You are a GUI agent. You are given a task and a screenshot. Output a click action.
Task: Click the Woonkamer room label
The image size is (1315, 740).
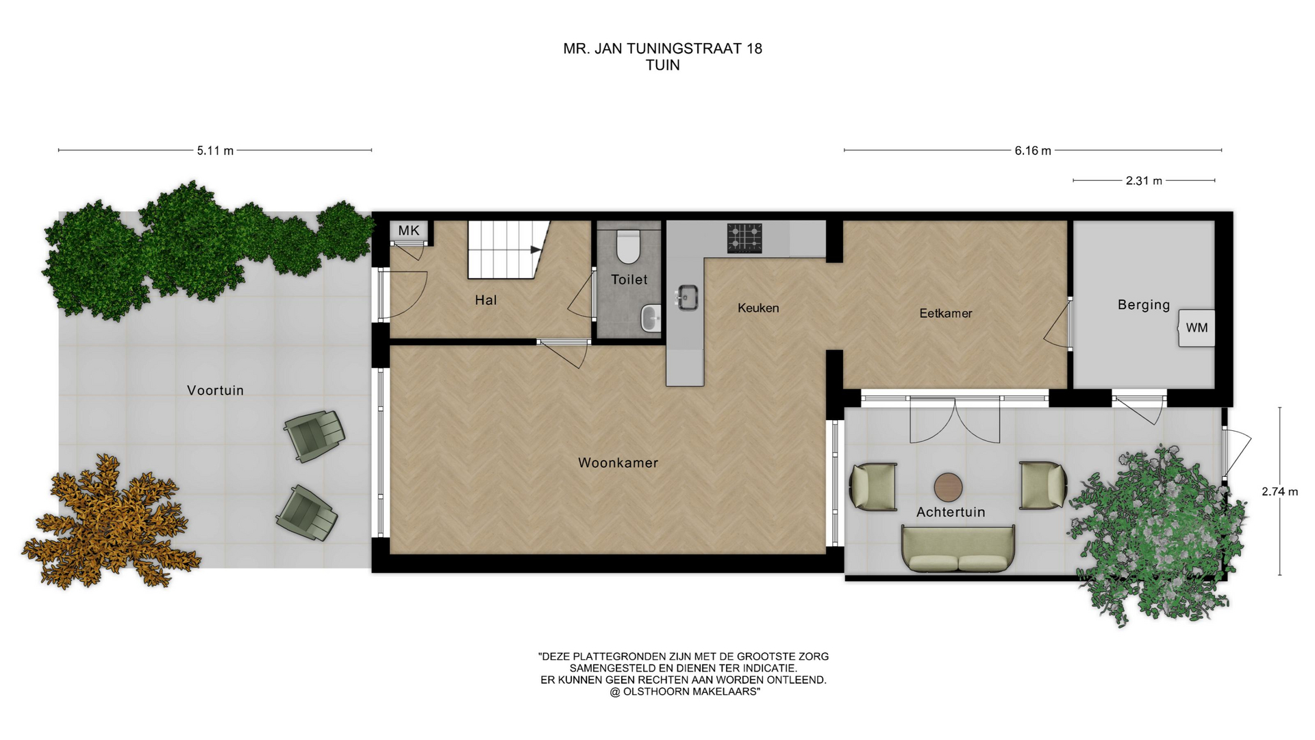tap(618, 463)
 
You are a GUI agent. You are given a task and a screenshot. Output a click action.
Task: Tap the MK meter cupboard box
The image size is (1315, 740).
tap(409, 230)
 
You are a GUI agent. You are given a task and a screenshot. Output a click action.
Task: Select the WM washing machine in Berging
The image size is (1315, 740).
tap(1197, 328)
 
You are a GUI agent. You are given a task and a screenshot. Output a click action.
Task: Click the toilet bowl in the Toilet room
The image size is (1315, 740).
tap(628, 247)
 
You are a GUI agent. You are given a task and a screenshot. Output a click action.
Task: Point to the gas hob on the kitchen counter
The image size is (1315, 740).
tap(744, 238)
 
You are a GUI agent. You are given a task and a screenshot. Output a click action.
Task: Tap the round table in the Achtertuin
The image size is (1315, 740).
tap(949, 486)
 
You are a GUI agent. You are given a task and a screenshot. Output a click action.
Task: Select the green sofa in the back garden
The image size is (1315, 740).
tap(958, 549)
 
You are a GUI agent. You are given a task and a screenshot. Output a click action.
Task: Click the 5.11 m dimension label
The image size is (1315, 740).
tap(215, 151)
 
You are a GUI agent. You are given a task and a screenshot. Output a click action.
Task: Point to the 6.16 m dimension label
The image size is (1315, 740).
tap(1033, 151)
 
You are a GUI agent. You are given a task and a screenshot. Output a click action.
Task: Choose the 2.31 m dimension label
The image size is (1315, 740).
tap(1144, 181)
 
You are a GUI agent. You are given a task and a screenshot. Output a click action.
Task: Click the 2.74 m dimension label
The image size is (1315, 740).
tap(1280, 491)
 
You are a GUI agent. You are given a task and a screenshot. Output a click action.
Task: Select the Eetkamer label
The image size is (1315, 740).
tap(946, 313)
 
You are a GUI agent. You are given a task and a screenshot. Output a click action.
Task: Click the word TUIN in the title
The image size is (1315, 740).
tap(663, 65)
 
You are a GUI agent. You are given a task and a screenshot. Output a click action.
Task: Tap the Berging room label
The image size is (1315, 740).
tap(1144, 305)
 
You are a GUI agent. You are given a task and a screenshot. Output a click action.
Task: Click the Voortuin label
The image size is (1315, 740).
tap(215, 391)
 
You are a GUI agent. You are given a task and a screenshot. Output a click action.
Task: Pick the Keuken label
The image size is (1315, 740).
tap(758, 308)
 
